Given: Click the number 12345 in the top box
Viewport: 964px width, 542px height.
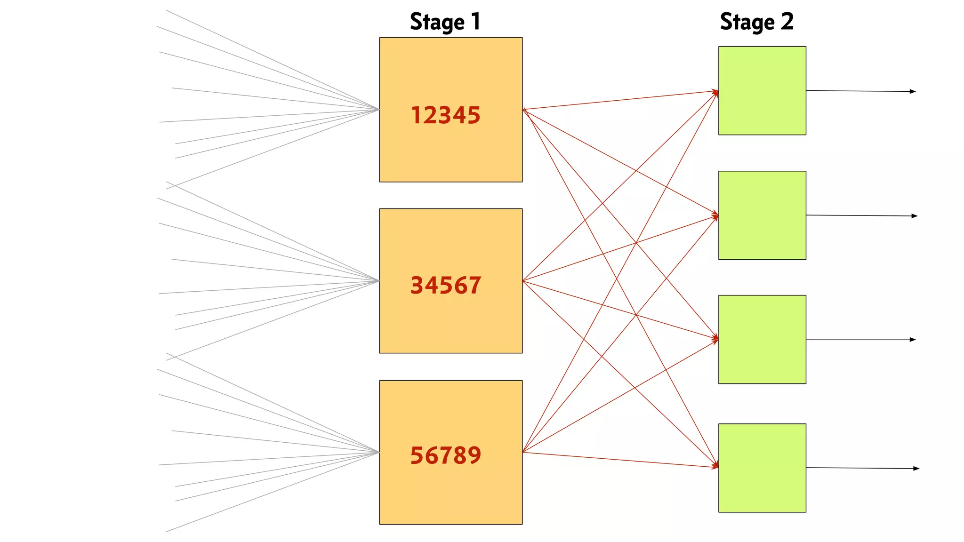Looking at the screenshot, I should pyautogui.click(x=446, y=115).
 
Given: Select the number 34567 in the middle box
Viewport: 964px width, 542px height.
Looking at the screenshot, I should pyautogui.click(x=446, y=286).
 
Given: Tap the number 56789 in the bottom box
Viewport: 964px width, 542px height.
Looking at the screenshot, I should pyautogui.click(x=446, y=455).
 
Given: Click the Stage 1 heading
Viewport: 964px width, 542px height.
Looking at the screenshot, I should pyautogui.click(x=445, y=22).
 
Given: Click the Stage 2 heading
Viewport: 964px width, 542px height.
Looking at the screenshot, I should pyautogui.click(x=756, y=22).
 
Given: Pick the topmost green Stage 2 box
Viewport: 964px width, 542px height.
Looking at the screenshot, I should pyautogui.click(x=762, y=90).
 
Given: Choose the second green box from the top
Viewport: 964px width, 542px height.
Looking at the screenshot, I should pyautogui.click(x=762, y=215).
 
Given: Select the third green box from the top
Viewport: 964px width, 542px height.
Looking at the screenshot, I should pyautogui.click(x=762, y=339).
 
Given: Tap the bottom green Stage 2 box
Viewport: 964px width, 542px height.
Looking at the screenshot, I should pyautogui.click(x=762, y=468).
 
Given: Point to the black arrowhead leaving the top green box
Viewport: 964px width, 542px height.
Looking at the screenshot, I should pyautogui.click(x=913, y=91).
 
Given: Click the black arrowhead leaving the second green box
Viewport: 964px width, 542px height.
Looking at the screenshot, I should pyautogui.click(x=915, y=216).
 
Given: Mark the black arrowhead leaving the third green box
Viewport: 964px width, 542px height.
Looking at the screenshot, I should pyautogui.click(x=913, y=340).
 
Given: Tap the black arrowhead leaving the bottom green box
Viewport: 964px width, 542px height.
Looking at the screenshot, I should pyautogui.click(x=916, y=469).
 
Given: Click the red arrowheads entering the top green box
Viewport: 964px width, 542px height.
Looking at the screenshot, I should pyautogui.click(x=715, y=92).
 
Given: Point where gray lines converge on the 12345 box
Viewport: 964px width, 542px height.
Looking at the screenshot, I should pyautogui.click(x=378, y=110).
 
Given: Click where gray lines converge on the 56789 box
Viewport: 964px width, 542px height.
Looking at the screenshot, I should pyautogui.click(x=378, y=453).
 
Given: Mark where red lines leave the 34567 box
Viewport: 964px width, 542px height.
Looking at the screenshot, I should pyautogui.click(x=524, y=281).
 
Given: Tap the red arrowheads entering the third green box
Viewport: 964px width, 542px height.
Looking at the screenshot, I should pyautogui.click(x=715, y=338).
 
